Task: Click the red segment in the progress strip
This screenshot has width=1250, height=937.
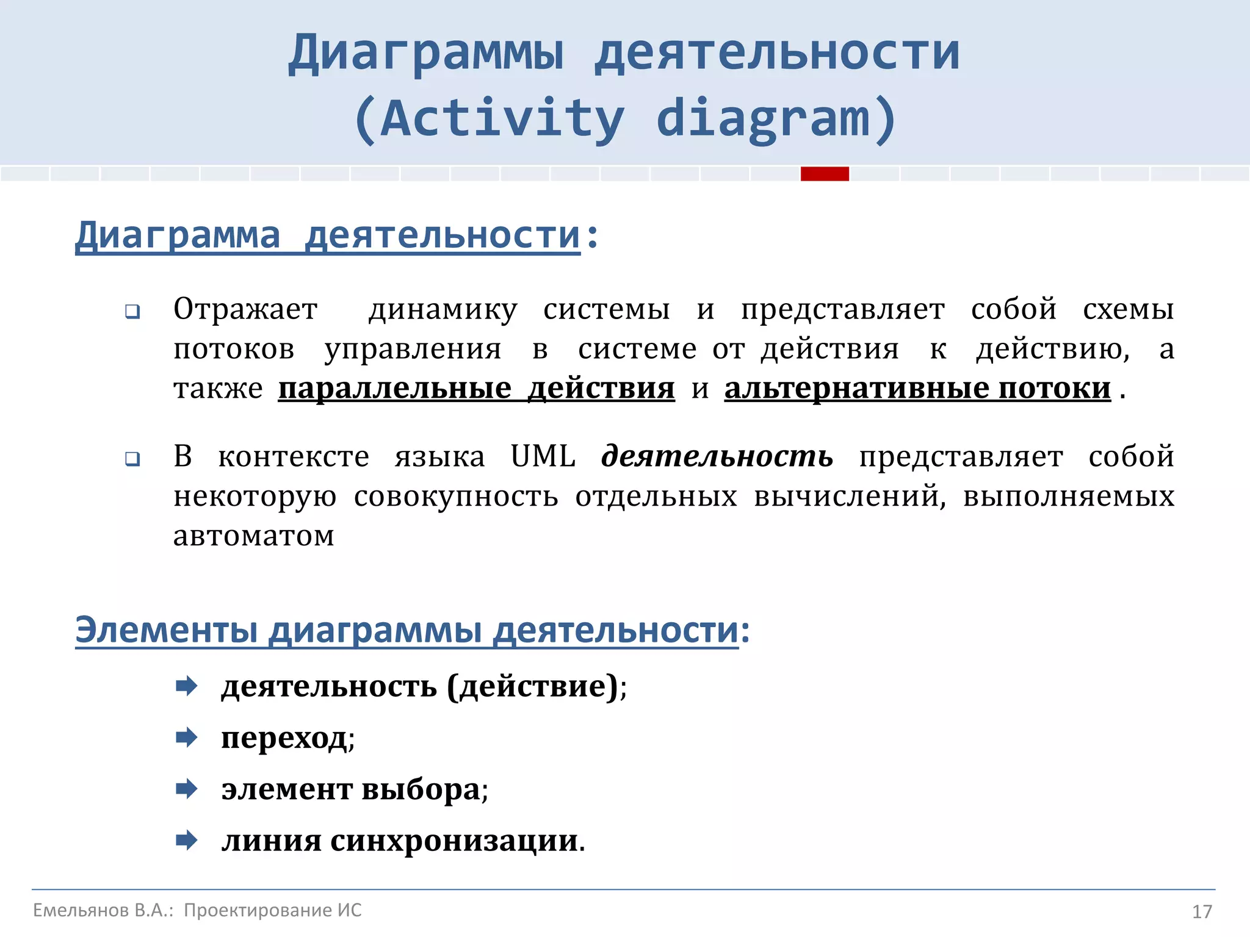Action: pos(825,174)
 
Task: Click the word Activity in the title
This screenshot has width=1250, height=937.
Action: pos(502,118)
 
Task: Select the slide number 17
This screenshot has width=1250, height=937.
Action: pos(1202,911)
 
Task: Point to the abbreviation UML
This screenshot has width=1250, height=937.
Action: pos(543,456)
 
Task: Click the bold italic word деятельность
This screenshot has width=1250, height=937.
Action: pos(717,456)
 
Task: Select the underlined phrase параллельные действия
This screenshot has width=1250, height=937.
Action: pos(476,388)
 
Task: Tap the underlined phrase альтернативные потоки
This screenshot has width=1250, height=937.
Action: pos(917,388)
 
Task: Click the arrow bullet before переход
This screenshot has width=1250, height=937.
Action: pos(186,738)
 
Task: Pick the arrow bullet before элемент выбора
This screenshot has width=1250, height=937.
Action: pos(186,789)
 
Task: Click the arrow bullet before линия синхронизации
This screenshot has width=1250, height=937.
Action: pos(186,841)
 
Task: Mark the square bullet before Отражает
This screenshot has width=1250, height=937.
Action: pos(132,312)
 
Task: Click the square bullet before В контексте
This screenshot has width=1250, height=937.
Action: pos(132,459)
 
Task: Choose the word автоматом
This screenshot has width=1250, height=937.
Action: pos(253,536)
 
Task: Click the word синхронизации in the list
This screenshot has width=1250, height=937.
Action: pos(454,841)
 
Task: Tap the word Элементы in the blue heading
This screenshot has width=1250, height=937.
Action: pos(166,630)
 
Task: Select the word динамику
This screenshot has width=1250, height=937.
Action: pos(443,309)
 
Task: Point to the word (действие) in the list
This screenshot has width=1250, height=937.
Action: pos(533,686)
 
